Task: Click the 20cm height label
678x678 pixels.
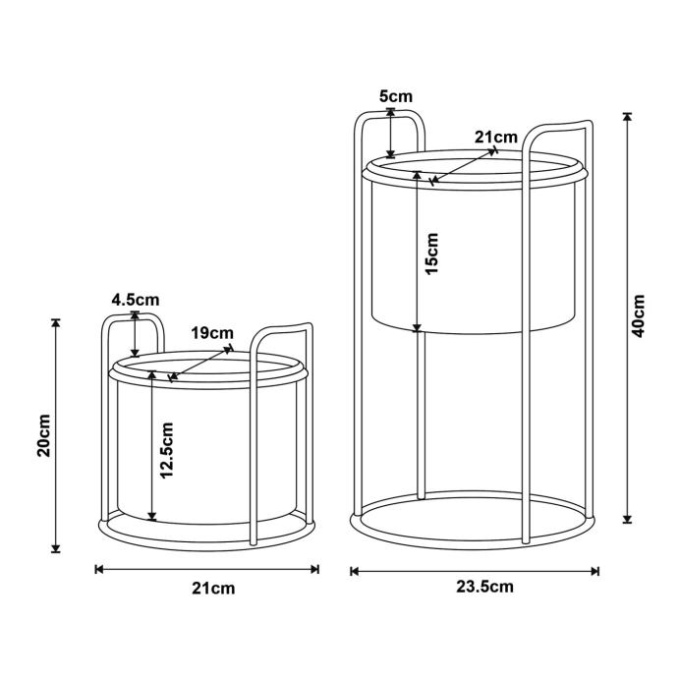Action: click(x=44, y=436)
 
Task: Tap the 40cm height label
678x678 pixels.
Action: click(x=638, y=316)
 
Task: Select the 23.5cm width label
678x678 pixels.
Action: click(x=484, y=587)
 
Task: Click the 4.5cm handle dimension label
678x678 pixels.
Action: click(x=136, y=300)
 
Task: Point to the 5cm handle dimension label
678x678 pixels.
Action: click(x=396, y=96)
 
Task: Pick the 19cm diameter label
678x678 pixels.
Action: click(x=212, y=333)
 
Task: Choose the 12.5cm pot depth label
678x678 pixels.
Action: click(x=166, y=451)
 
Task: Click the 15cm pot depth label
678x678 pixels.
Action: click(x=431, y=253)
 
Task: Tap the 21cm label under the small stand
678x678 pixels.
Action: click(x=213, y=589)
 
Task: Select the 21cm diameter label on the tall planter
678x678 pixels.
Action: click(x=496, y=137)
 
